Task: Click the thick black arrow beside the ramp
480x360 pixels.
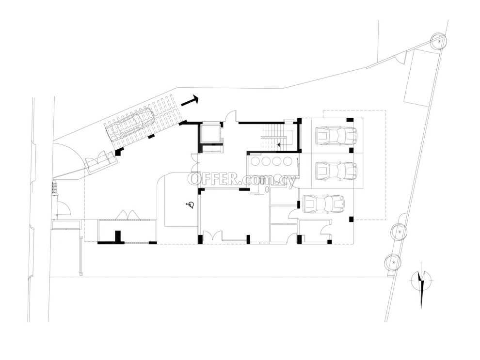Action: click(190, 101)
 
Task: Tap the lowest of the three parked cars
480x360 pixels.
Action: click(323, 203)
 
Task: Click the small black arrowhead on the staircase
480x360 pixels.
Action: click(278, 144)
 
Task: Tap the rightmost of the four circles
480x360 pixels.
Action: click(288, 161)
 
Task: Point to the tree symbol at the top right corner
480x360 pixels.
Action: click(439, 41)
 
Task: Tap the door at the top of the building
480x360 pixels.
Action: click(230, 116)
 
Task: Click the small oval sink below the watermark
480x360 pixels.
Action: click(267, 189)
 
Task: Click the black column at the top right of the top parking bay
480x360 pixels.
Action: click(350, 120)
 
